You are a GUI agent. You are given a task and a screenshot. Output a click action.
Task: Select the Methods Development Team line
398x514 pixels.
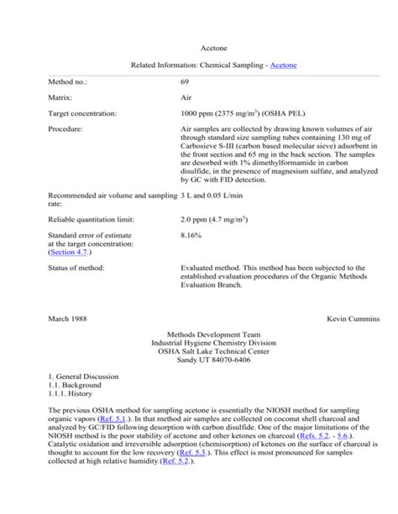click(200, 335)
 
